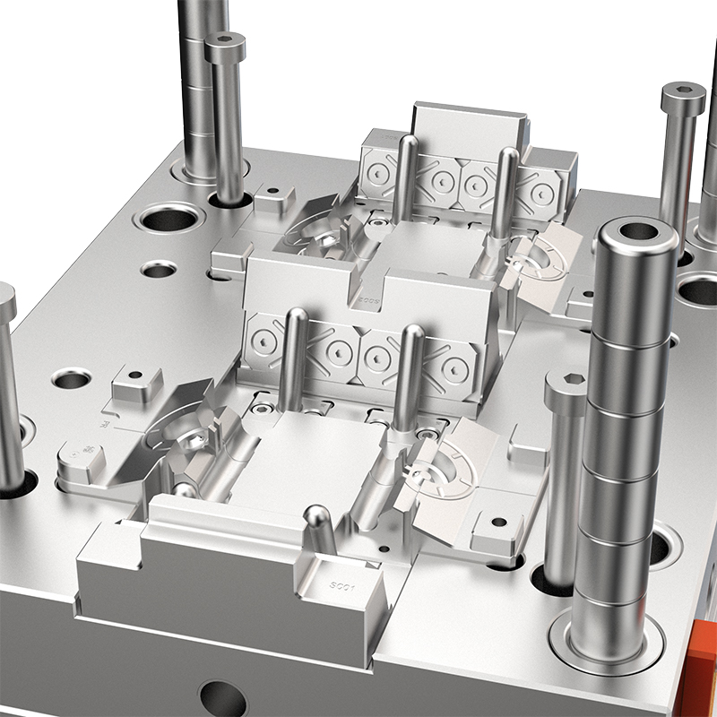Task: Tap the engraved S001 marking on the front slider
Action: click(x=343, y=588)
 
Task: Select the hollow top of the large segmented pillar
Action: click(x=637, y=232)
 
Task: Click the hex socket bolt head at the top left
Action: click(x=225, y=41)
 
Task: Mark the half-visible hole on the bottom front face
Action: click(x=222, y=699)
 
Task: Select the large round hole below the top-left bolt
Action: click(x=170, y=217)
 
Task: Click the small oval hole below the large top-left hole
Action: click(x=159, y=268)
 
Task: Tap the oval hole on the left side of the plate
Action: click(x=72, y=379)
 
